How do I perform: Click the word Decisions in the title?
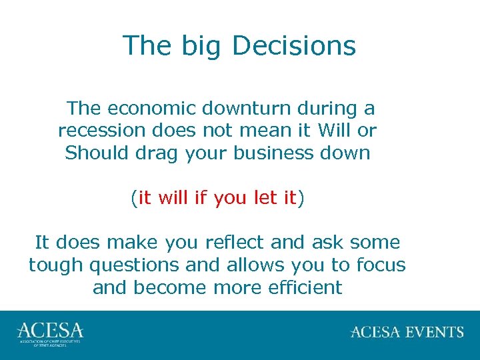click(x=294, y=46)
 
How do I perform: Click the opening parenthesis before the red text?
click(x=134, y=199)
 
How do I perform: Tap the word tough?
click(x=56, y=266)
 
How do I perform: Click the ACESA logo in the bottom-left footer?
click(x=50, y=333)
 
